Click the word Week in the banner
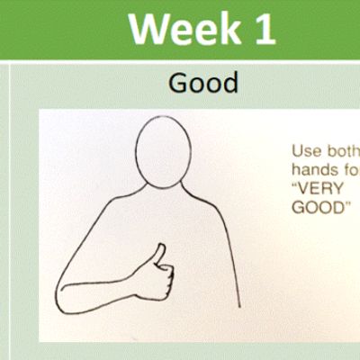point(184,28)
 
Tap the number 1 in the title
point(265,29)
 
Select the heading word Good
point(203,83)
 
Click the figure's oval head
point(163,152)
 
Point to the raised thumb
point(158,254)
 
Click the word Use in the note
point(306,151)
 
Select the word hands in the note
point(314,170)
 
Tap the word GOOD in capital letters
point(319,207)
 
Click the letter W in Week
point(148,28)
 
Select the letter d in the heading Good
point(231,83)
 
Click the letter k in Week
point(230,28)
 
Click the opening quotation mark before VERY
point(294,184)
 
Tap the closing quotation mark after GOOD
point(347,203)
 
